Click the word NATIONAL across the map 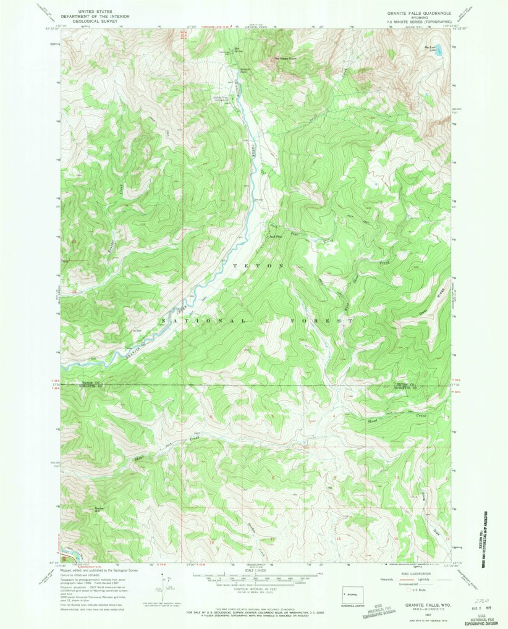click(203, 321)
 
